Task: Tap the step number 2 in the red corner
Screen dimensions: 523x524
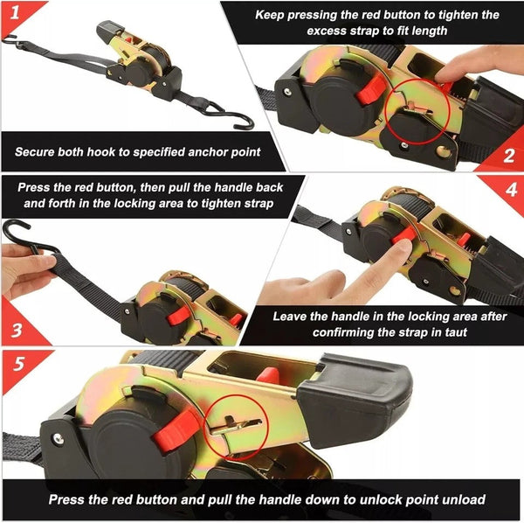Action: pos(509,156)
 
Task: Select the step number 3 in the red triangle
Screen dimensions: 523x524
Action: pos(13,332)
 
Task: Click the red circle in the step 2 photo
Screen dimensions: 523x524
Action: pos(415,108)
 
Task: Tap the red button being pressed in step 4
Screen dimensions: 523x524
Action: pos(402,237)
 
